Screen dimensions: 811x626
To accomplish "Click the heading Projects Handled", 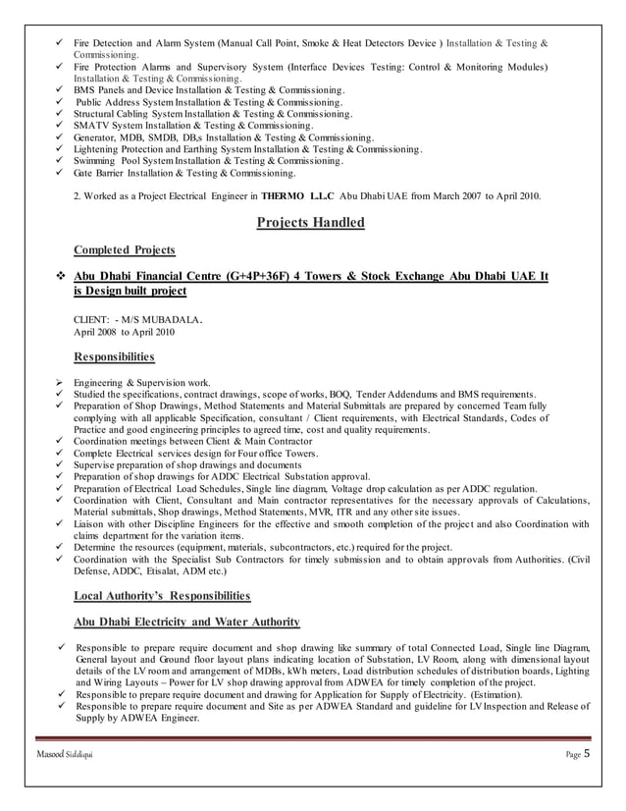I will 310,223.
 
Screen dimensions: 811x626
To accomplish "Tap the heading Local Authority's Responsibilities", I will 163,595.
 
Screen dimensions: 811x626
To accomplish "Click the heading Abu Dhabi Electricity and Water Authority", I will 186,622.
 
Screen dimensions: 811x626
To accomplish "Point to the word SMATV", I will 92,126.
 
